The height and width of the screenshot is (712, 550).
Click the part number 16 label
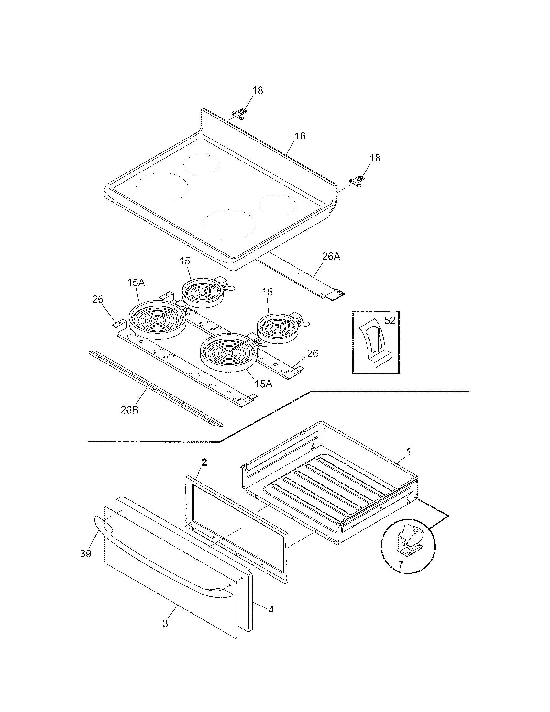(x=300, y=136)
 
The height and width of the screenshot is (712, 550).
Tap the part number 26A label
(x=331, y=257)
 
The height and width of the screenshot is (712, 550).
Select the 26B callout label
(x=129, y=410)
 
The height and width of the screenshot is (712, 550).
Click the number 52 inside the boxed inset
(x=390, y=321)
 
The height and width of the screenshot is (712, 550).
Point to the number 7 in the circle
(x=401, y=565)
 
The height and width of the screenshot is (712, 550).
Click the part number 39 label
(x=86, y=553)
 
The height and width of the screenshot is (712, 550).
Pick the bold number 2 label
(x=204, y=462)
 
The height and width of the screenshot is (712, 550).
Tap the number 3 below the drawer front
(x=165, y=624)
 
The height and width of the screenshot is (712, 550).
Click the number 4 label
(x=271, y=610)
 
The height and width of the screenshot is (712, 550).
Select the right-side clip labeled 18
(x=357, y=181)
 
